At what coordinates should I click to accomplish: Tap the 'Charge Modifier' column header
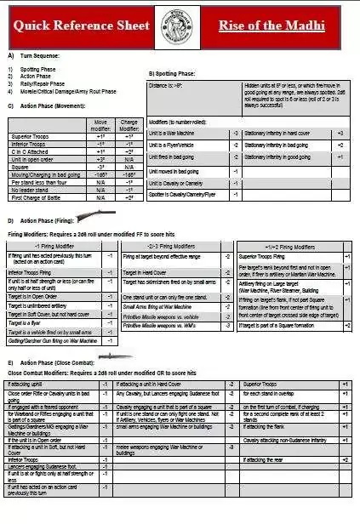[129, 124]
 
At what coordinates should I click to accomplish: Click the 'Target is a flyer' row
[38, 324]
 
